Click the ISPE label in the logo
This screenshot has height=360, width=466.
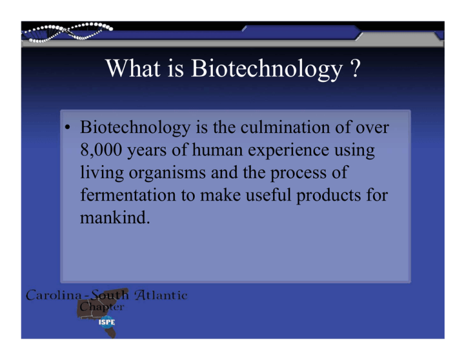coord(107,322)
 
